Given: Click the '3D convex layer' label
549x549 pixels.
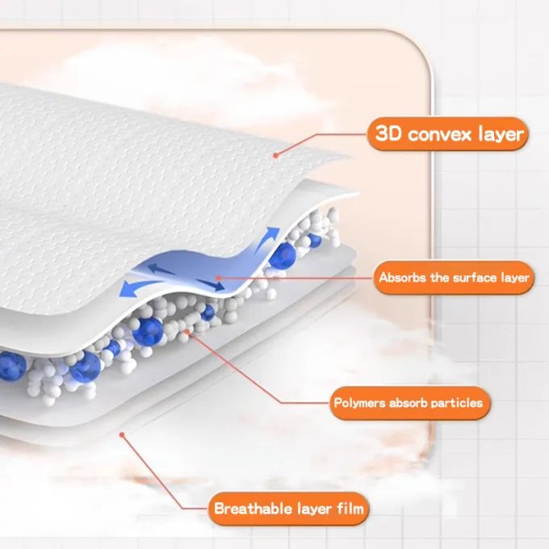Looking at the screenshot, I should coord(449,133).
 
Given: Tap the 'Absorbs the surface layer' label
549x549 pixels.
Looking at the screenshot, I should coord(455,278).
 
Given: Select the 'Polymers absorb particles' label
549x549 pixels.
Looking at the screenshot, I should coord(408,402).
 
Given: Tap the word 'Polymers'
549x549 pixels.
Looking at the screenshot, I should coord(361,402).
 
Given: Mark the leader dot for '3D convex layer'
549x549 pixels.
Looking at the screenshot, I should coord(274,154).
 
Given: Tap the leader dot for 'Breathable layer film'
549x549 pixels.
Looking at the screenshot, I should coord(121,434).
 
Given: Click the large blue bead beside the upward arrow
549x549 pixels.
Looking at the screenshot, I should coord(283,256).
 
